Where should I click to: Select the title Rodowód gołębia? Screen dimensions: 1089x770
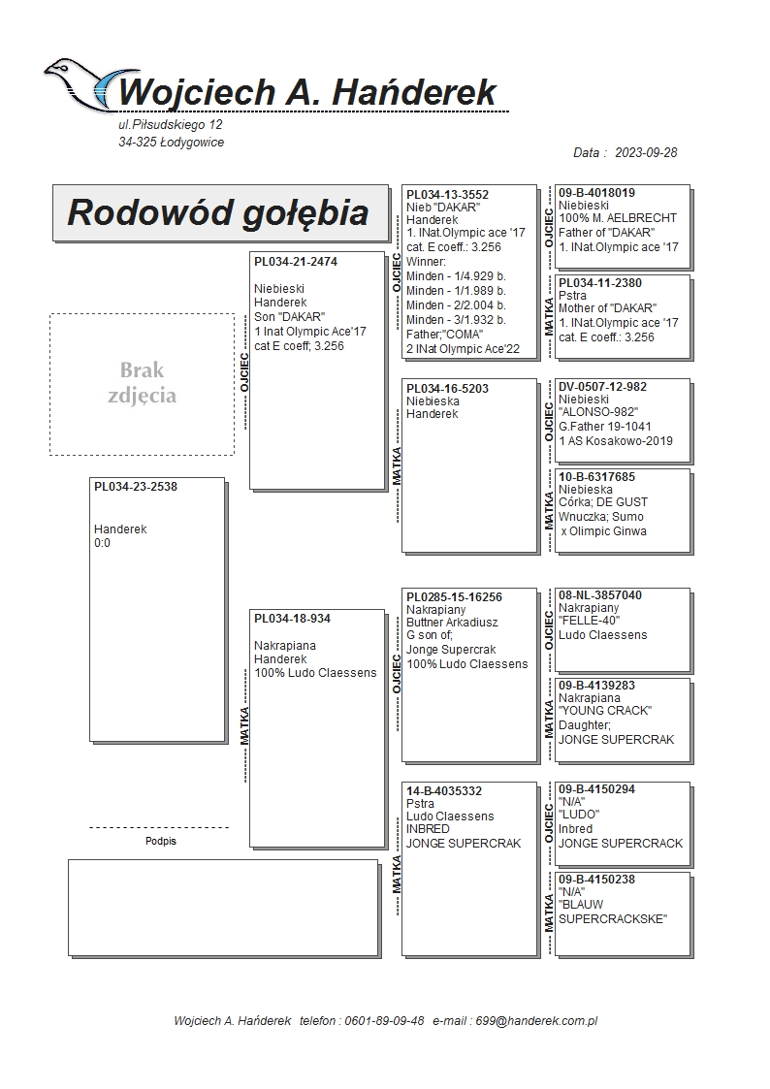coord(218,212)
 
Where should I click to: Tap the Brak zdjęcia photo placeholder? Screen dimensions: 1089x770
coord(142,383)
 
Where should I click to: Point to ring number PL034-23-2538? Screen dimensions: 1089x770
coord(136,487)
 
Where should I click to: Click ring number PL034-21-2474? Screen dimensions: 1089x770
coord(296,262)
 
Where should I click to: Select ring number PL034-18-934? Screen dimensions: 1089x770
coord(292,619)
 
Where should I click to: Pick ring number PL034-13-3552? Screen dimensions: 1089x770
coord(447,195)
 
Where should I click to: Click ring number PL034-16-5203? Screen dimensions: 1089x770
coord(447,389)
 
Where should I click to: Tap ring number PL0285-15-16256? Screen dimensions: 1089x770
coord(454,596)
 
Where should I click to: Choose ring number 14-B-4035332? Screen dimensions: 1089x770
coord(444,791)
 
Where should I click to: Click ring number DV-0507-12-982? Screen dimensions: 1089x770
coord(602,387)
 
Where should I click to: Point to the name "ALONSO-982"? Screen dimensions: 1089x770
coord(598,412)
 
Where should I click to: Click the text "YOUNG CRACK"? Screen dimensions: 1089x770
coord(604,711)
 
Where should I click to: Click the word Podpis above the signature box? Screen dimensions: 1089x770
coord(161,841)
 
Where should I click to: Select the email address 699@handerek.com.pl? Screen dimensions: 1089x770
coord(542,1021)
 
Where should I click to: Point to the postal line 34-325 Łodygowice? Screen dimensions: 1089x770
coord(171,143)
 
